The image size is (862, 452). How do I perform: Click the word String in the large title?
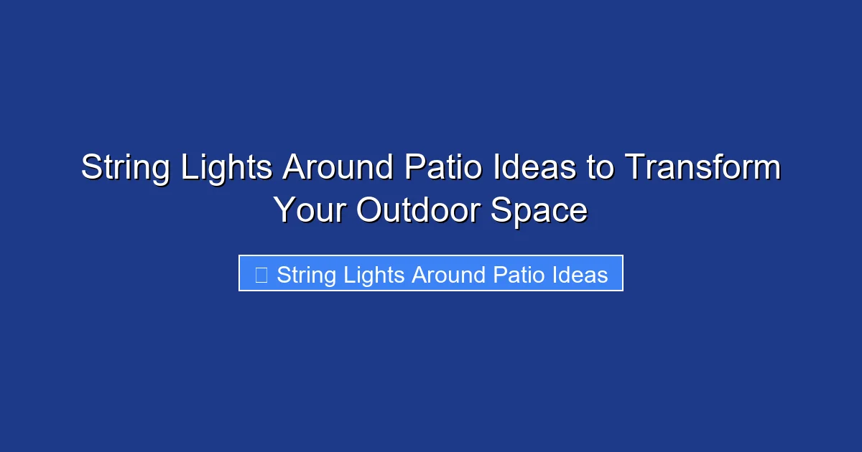[125, 169]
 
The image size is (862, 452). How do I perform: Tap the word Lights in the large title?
[226, 169]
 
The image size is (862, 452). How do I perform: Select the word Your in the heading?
[310, 210]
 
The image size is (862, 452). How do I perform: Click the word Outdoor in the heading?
[419, 210]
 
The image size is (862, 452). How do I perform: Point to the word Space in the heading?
[539, 210]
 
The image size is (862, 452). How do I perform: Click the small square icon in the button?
[261, 275]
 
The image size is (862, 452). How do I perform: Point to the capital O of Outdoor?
[370, 210]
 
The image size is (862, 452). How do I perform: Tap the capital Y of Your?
[284, 210]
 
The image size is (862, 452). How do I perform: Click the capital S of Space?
[501, 210]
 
